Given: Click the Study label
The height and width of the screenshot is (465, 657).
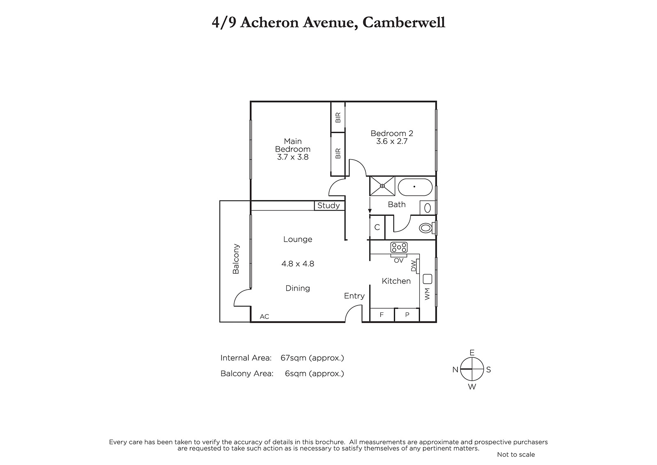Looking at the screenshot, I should tap(328, 206).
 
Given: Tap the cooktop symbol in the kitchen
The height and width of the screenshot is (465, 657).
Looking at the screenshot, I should tap(399, 248).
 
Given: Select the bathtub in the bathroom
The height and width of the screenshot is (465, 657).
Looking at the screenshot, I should tap(415, 187).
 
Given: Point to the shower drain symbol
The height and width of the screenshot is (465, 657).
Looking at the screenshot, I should tap(382, 186).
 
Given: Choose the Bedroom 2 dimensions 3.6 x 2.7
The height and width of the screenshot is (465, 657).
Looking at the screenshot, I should tap(392, 141).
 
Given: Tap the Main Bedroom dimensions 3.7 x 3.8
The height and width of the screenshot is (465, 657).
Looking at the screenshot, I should tap(293, 157).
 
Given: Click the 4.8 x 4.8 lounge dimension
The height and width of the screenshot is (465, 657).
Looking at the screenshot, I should tap(298, 264).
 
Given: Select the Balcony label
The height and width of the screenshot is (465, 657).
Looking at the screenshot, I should tap(236, 259).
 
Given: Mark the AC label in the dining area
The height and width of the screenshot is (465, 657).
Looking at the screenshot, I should tap(264, 317).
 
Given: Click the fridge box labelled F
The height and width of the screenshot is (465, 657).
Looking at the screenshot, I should tap(382, 315).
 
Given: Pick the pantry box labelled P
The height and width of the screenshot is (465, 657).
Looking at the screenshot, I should tap(407, 315).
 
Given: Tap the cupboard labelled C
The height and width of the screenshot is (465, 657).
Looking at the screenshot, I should tap(377, 227).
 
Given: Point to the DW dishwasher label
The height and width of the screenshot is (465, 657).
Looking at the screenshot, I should tap(414, 267).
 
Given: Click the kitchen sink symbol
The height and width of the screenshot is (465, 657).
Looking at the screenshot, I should tap(427, 279).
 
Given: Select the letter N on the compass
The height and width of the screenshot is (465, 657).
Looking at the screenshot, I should tap(455, 370).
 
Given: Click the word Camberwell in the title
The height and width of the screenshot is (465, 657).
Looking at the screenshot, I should tap(404, 23).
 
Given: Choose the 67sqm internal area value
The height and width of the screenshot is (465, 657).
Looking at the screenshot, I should tap(293, 358).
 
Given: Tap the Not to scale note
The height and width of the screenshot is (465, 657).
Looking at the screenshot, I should tap(516, 454).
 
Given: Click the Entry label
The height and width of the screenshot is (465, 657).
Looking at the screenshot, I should tap(354, 296).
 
